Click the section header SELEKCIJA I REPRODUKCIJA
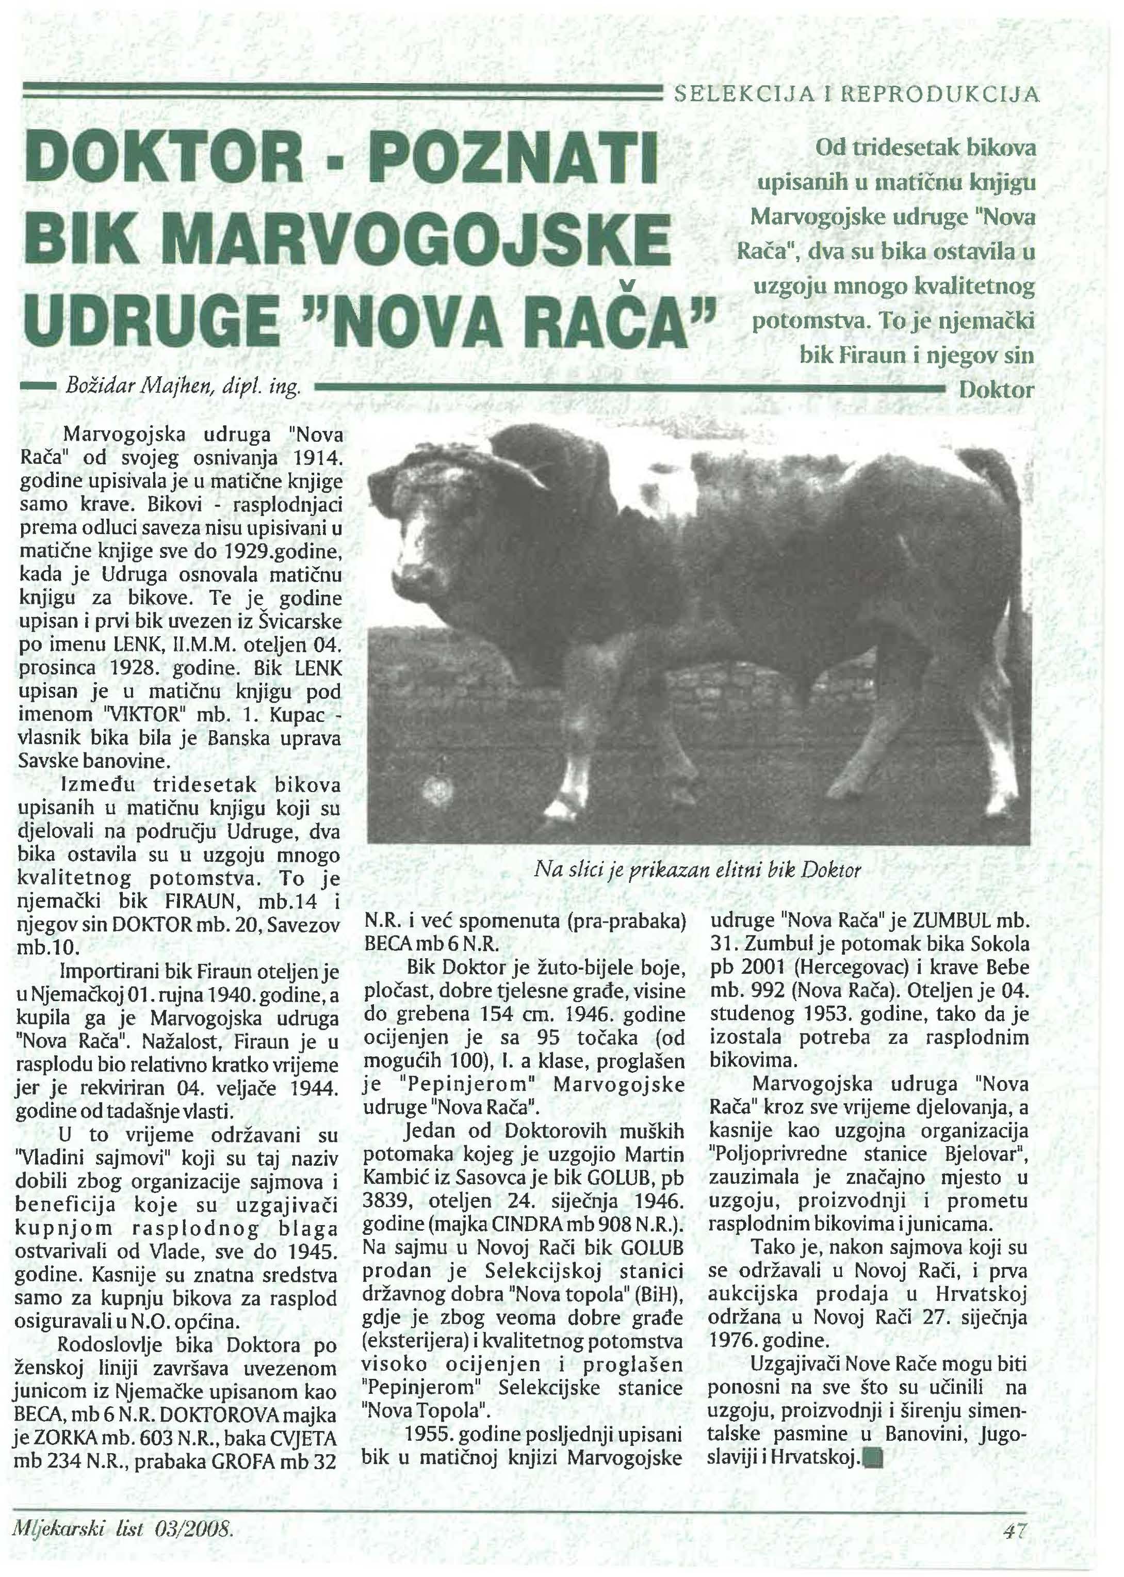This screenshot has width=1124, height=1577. click(856, 94)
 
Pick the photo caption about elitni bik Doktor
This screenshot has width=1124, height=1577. click(697, 870)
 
